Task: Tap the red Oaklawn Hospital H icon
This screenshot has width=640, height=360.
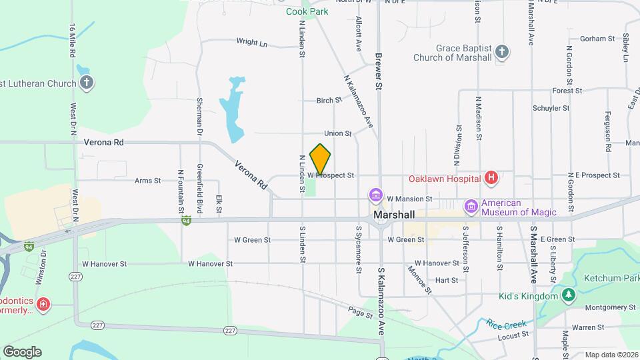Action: click(491, 177)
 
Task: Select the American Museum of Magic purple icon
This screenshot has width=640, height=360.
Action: click(471, 207)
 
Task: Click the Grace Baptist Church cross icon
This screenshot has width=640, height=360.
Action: click(503, 52)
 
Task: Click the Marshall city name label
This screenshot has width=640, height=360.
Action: click(395, 215)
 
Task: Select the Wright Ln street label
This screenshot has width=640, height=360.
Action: click(251, 42)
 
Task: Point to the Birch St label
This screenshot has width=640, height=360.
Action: click(329, 101)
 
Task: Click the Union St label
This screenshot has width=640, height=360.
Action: click(338, 133)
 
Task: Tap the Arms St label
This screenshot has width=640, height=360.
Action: click(147, 180)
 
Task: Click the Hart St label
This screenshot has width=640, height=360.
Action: click(446, 280)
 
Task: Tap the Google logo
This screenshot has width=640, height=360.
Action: click(22, 351)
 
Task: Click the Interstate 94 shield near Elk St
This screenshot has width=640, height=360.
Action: click(187, 219)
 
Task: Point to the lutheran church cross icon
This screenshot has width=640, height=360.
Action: click(86, 83)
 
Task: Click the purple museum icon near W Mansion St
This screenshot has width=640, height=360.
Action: click(376, 195)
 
